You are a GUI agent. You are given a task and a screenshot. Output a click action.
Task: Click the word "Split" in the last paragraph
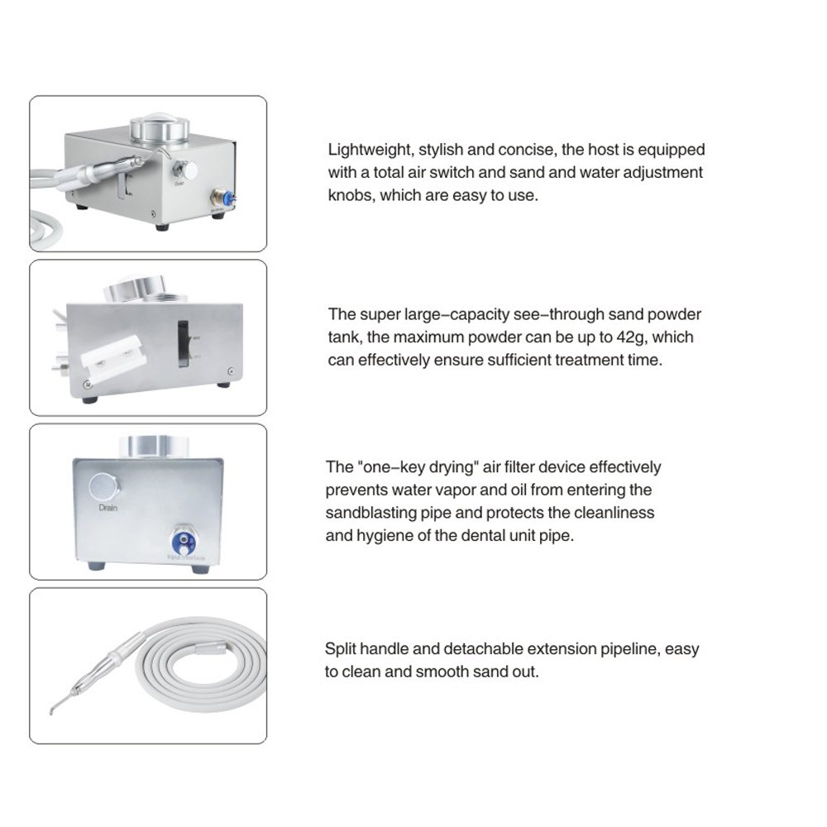point(341,649)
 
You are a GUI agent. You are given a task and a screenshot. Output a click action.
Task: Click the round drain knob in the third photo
point(105,486)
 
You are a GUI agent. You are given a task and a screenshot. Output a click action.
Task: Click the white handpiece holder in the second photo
point(113,361)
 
